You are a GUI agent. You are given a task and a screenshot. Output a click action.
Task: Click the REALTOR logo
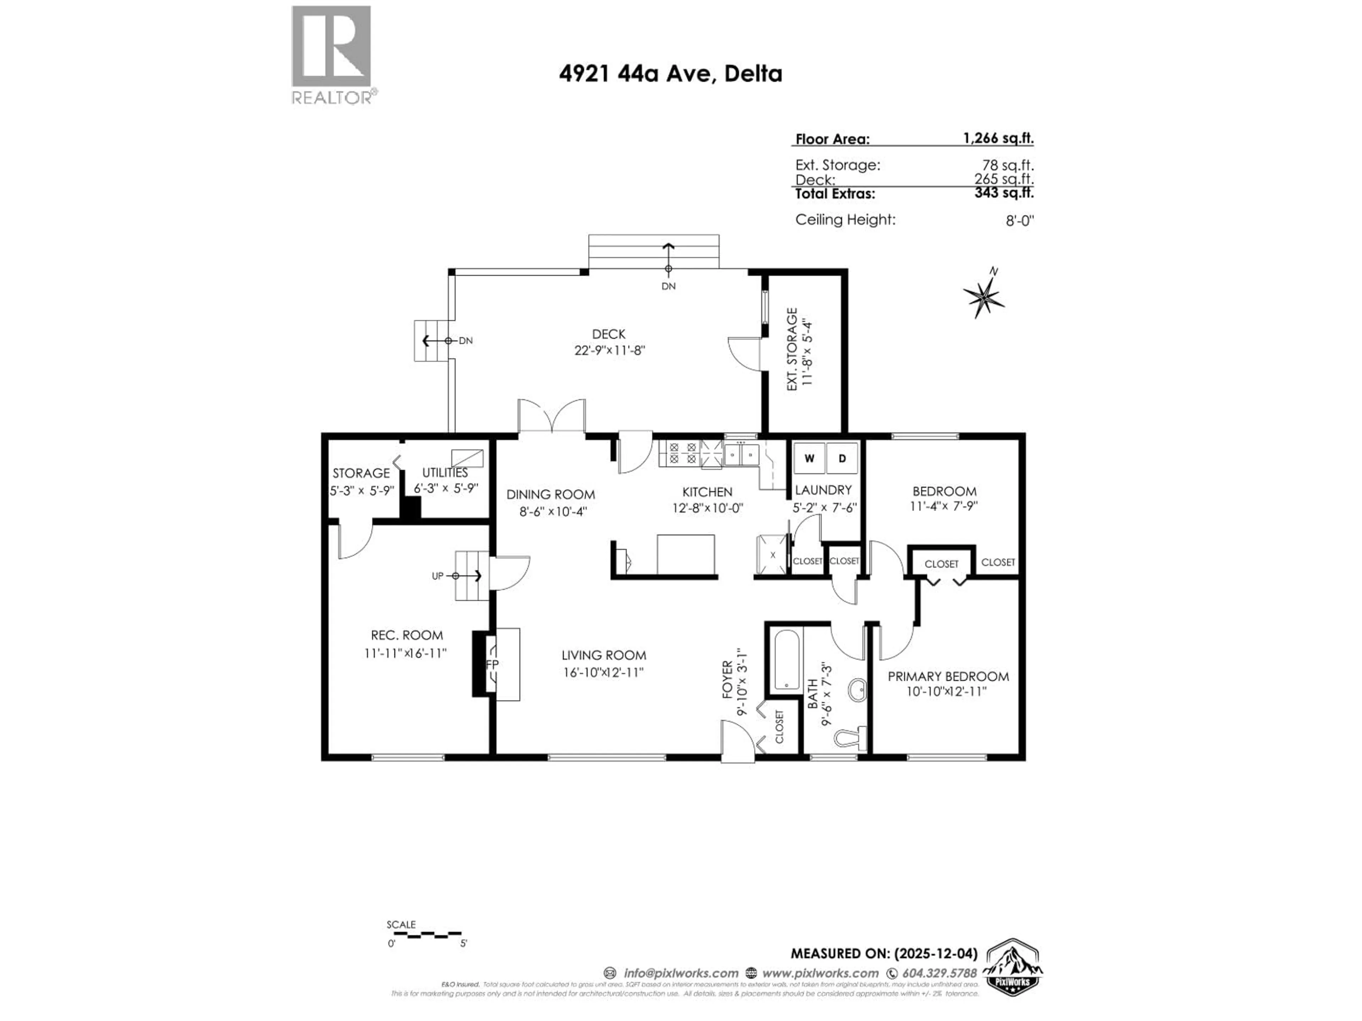tap(331, 54)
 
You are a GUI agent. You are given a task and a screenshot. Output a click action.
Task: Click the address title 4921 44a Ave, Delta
tap(670, 74)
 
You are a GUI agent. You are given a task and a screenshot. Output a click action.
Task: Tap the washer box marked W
tap(809, 458)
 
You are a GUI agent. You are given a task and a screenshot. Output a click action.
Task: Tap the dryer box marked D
tap(842, 458)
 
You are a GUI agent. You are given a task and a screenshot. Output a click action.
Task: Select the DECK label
tap(608, 334)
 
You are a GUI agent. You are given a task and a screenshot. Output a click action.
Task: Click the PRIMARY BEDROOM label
tap(948, 676)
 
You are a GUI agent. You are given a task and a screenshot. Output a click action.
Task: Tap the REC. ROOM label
tap(406, 635)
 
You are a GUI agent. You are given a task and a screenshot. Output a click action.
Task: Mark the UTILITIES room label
tap(444, 473)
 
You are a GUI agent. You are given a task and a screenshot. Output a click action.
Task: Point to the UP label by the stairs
tap(437, 576)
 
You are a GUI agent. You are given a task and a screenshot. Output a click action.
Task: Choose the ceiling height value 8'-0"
tap(1020, 220)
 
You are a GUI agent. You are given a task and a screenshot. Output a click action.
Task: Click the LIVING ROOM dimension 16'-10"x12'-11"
tap(603, 672)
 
